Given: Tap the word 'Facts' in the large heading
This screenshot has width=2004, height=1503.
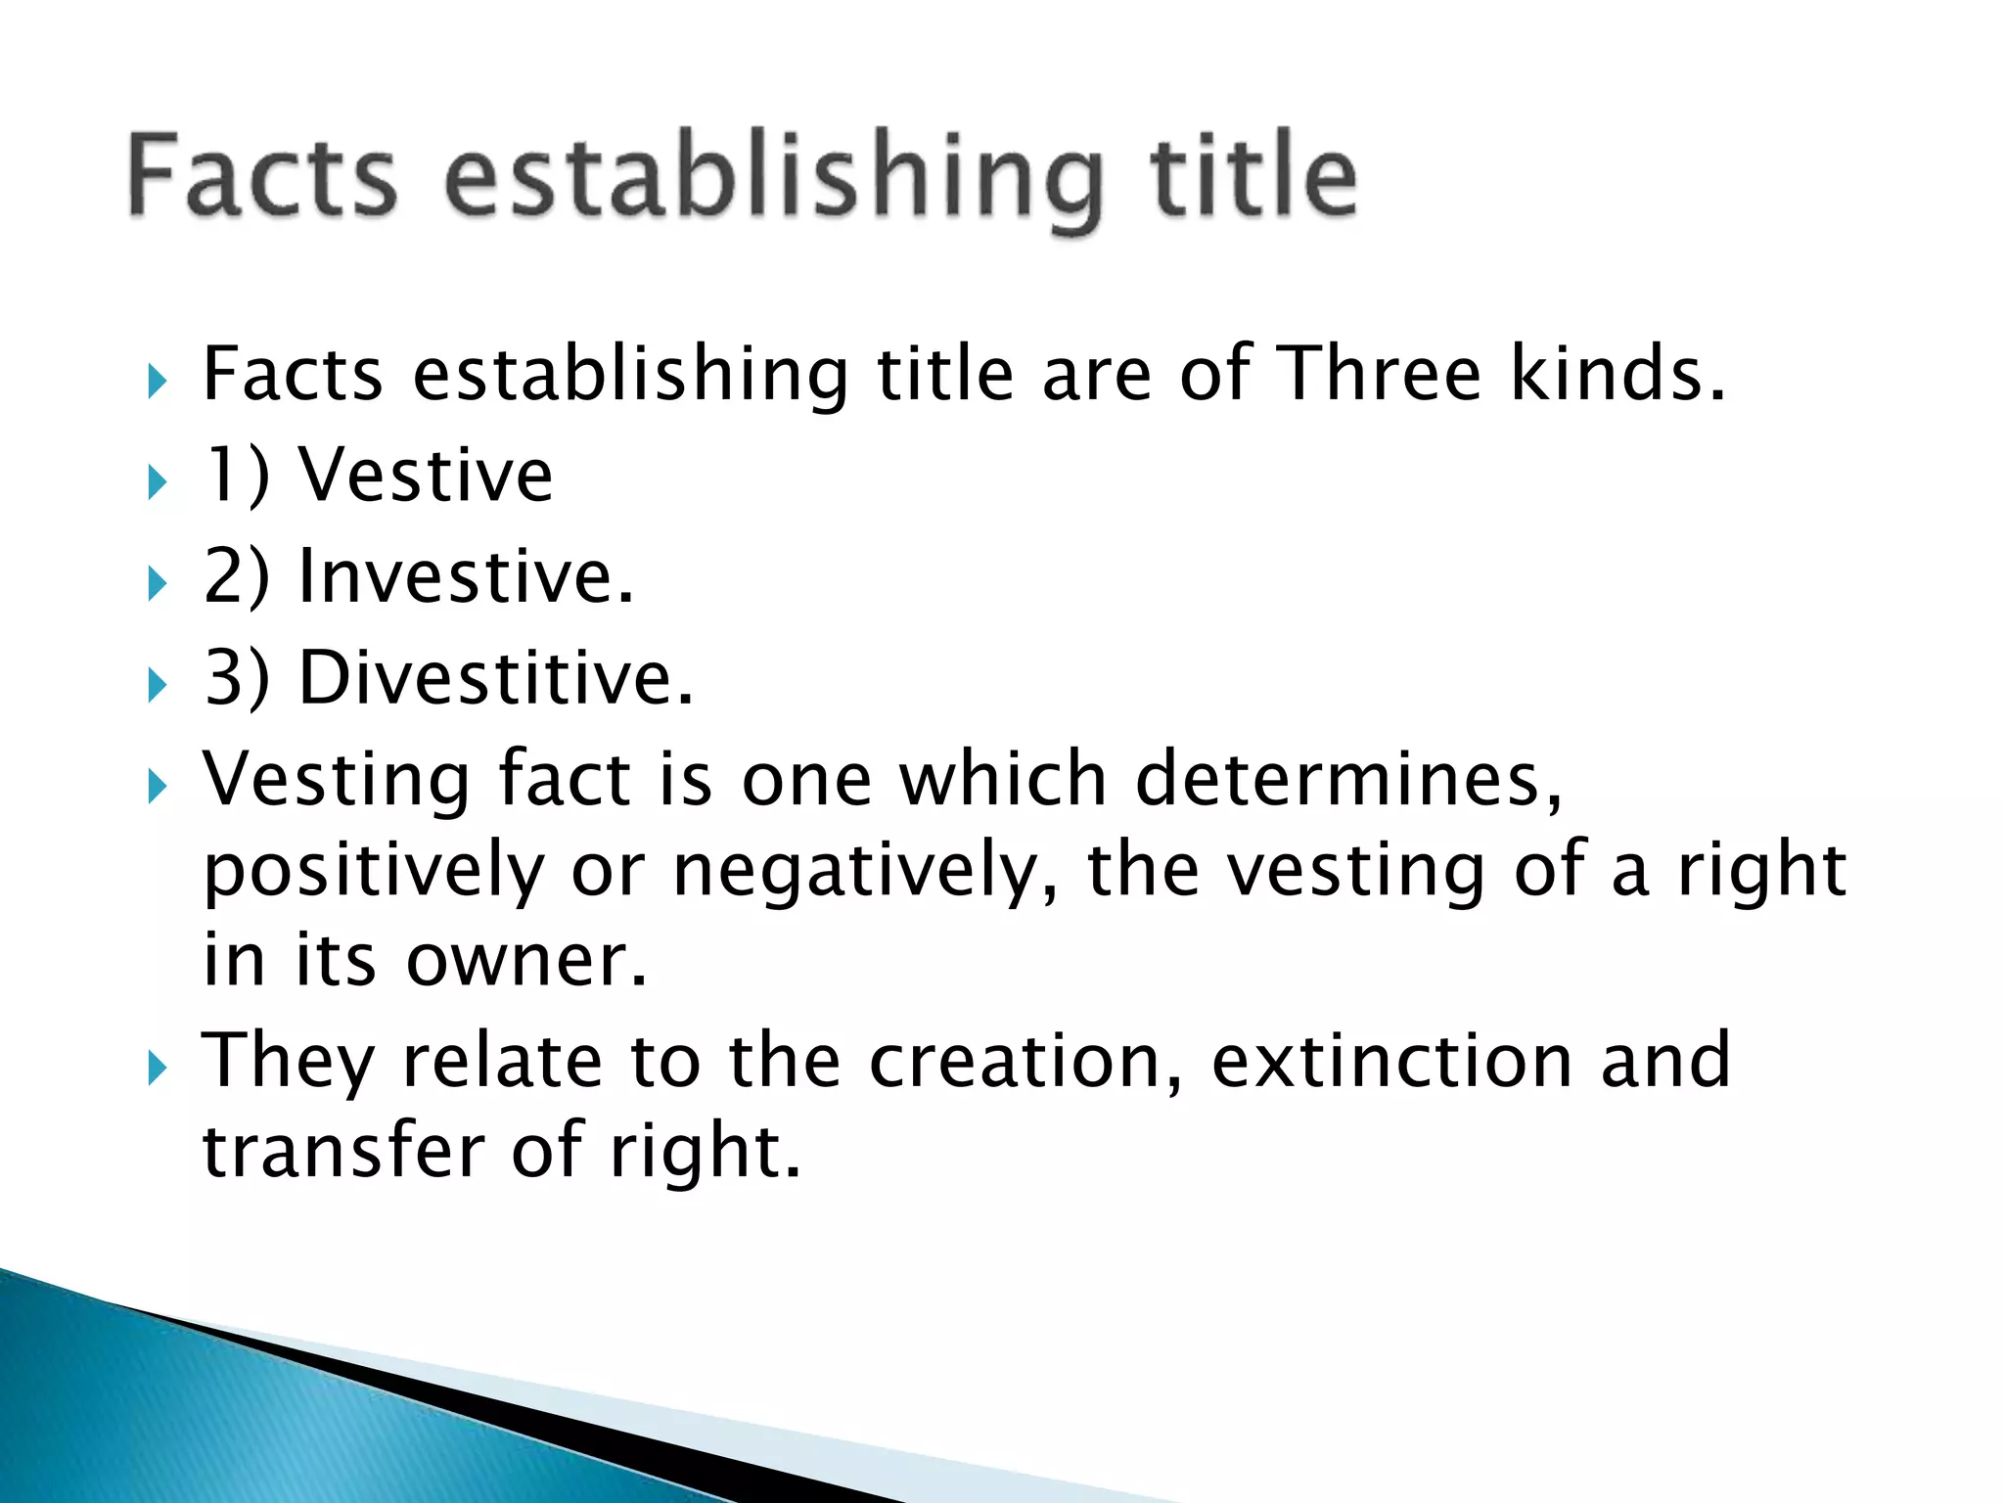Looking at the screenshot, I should pyautogui.click(x=262, y=176).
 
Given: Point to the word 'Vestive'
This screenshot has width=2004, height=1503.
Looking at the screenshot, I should pyautogui.click(x=426, y=476).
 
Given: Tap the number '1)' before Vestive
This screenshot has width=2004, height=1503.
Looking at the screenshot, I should pyautogui.click(x=236, y=476).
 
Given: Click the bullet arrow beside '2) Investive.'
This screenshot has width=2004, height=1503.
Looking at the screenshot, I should pyautogui.click(x=158, y=584).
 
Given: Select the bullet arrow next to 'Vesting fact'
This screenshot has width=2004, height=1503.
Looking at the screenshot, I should pyautogui.click(x=158, y=786).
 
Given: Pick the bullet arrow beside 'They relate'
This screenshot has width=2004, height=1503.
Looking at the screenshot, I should pyautogui.click(x=158, y=1068).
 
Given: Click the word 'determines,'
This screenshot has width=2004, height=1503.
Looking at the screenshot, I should pyautogui.click(x=1349, y=779).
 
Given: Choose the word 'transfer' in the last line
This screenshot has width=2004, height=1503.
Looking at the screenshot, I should pyautogui.click(x=342, y=1151).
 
